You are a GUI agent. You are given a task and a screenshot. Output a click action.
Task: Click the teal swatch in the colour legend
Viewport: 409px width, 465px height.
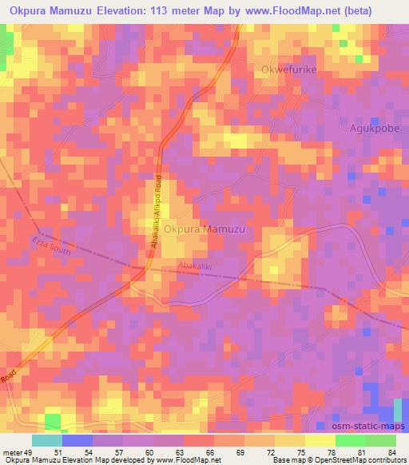tap(47, 440)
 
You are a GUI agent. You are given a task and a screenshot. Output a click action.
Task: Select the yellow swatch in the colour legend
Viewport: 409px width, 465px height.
tap(319, 440)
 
